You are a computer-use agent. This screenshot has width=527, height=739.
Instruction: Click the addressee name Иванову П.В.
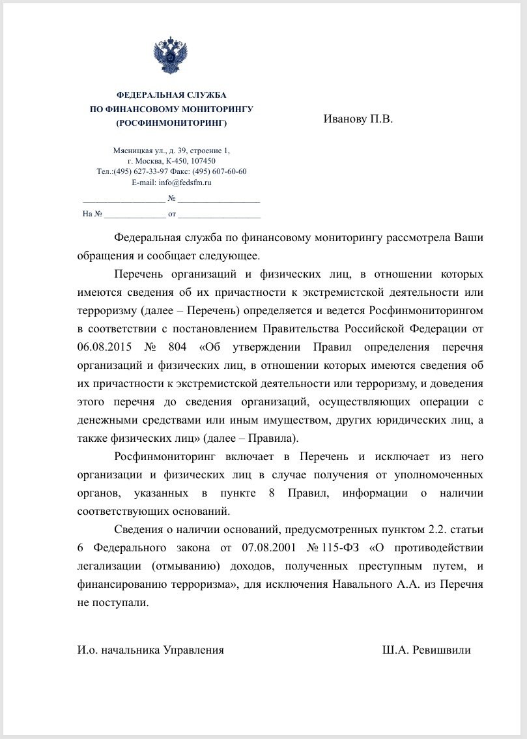pyautogui.click(x=358, y=119)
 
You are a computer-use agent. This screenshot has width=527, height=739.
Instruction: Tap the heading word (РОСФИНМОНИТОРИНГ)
pyautogui.click(x=171, y=123)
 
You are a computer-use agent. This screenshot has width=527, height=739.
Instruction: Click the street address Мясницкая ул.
pyautogui.click(x=134, y=151)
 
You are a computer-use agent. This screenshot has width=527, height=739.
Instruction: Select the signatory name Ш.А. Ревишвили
pyautogui.click(x=427, y=650)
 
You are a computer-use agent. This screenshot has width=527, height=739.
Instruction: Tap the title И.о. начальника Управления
pyautogui.click(x=150, y=650)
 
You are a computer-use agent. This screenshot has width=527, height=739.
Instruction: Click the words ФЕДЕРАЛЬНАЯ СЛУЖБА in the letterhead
pyautogui.click(x=171, y=95)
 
